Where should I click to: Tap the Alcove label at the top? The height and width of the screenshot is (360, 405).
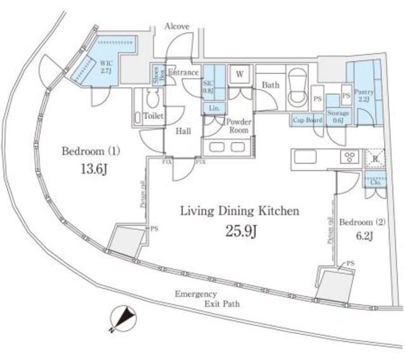coord(177,27)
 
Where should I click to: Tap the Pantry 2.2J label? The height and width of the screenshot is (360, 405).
coord(364,96)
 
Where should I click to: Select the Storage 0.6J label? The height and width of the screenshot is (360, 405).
coord(335,117)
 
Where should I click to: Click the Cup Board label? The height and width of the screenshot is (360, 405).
coord(306,120)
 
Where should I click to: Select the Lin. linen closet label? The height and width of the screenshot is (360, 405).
coord(215,109)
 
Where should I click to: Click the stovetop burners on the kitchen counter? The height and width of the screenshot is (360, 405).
coord(349,157)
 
